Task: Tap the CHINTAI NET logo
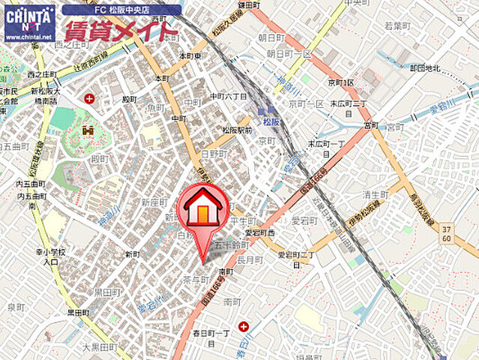click(29, 22)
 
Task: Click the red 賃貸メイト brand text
click(120, 31)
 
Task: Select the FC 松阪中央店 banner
click(121, 10)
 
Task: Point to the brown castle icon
click(88, 131)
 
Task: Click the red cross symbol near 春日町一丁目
click(244, 325)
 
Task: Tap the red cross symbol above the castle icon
click(91, 97)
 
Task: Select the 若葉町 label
click(398, 25)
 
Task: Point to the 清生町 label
click(375, 194)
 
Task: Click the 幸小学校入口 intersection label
click(51, 257)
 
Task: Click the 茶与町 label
click(195, 278)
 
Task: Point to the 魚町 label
click(155, 107)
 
